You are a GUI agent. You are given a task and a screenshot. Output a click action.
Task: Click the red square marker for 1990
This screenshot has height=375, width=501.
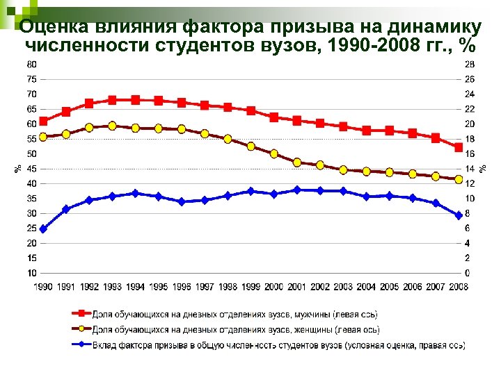pyautogui.click(x=43, y=122)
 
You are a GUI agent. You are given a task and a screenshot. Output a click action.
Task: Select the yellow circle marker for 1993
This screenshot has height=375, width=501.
pyautogui.click(x=112, y=126)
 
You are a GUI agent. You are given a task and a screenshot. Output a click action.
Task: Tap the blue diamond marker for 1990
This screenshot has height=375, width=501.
pyautogui.click(x=43, y=228)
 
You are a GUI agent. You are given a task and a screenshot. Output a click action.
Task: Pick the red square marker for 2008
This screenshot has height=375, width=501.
pyautogui.click(x=459, y=147)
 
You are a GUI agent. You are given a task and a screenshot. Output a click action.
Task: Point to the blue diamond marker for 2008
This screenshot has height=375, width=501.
pyautogui.click(x=459, y=215)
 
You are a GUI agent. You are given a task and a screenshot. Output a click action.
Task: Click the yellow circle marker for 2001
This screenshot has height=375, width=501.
pyautogui.click(x=297, y=162)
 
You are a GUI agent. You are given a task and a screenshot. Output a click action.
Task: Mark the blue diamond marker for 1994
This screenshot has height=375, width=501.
pyautogui.click(x=135, y=193)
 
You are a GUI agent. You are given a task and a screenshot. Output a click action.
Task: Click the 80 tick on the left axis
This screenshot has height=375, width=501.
pyautogui.click(x=31, y=64)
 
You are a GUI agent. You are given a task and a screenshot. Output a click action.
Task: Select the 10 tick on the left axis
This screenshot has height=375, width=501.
pyautogui.click(x=31, y=273)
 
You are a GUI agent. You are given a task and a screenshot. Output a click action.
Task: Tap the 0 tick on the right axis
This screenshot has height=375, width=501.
pyautogui.click(x=467, y=273)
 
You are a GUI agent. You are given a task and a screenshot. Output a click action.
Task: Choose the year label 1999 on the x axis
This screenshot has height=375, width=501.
pyautogui.click(x=250, y=287)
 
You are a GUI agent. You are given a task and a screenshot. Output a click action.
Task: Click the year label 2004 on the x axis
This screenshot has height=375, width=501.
pyautogui.click(x=366, y=287)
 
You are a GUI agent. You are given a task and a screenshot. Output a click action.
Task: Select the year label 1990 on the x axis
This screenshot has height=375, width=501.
pyautogui.click(x=43, y=287)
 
